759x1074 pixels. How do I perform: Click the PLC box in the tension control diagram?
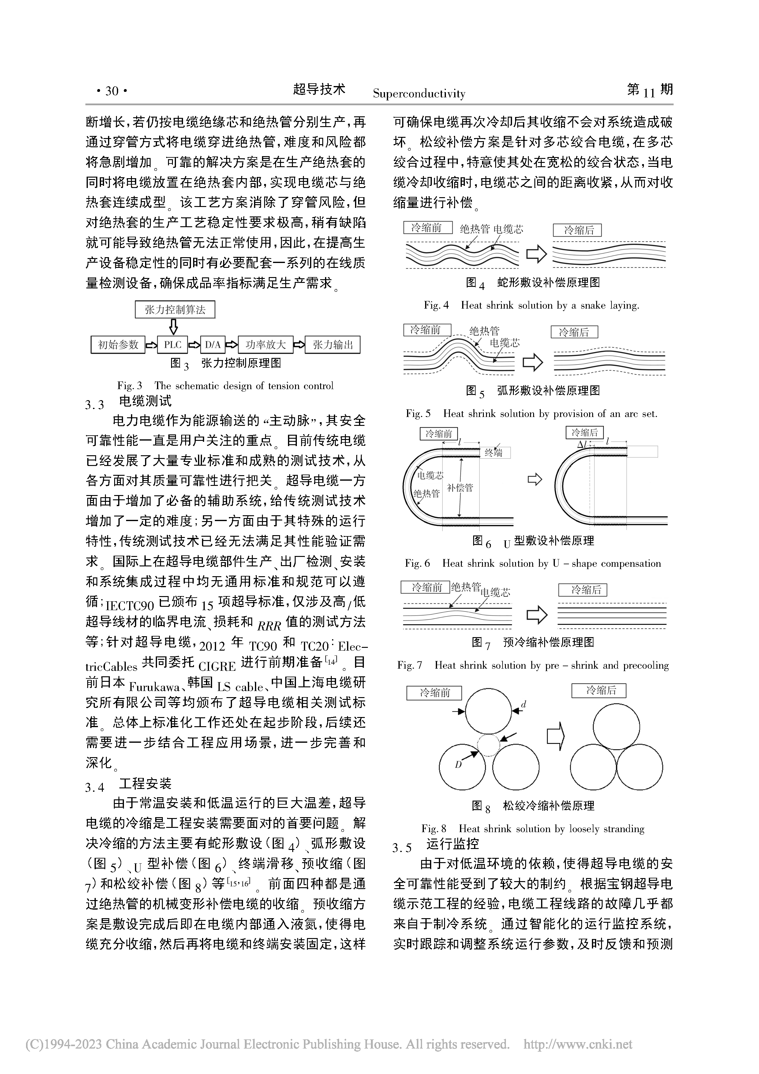click(x=173, y=345)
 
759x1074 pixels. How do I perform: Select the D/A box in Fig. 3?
click(x=213, y=345)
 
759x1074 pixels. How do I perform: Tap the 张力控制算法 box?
click(x=175, y=310)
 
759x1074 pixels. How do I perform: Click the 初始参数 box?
click(x=118, y=345)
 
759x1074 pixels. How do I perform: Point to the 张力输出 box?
click(x=332, y=345)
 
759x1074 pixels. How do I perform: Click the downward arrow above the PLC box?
click(x=174, y=326)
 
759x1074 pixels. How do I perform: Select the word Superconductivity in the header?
click(x=419, y=94)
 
